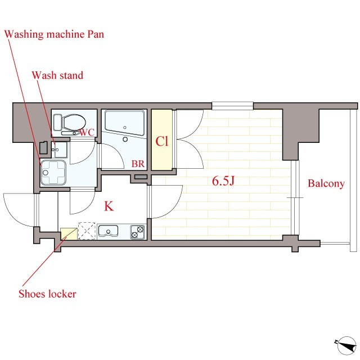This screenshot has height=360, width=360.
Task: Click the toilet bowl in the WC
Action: pos(74,122)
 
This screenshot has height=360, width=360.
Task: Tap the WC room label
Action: pos(87,133)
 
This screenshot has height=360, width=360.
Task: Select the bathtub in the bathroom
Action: pos(125,124)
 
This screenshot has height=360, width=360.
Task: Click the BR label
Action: pos(138,164)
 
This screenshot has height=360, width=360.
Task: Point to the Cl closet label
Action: pos(162,141)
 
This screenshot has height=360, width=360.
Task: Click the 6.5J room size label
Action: pos(223,181)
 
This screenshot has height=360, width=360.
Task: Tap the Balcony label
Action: pos(326,183)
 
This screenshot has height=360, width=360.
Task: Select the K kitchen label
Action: pos(109,206)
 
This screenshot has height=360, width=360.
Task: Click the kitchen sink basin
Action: pos(108,231)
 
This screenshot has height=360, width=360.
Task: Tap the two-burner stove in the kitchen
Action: pos(137,232)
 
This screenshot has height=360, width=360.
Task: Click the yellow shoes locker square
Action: pos(69,234)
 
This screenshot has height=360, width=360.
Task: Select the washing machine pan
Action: pos(53,173)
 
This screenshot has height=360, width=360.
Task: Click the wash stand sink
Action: pos(59,150)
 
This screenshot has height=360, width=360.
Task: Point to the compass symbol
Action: pos(346,345)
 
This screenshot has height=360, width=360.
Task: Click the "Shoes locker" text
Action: pos(47,294)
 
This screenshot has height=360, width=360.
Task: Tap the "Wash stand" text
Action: pos(57,75)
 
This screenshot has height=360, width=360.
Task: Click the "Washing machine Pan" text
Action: pos(54,34)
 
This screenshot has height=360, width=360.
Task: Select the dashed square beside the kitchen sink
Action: pos(87,231)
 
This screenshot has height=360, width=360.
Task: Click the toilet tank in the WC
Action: pos(57,122)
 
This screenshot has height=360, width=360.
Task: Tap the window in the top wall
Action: pos(232,106)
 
